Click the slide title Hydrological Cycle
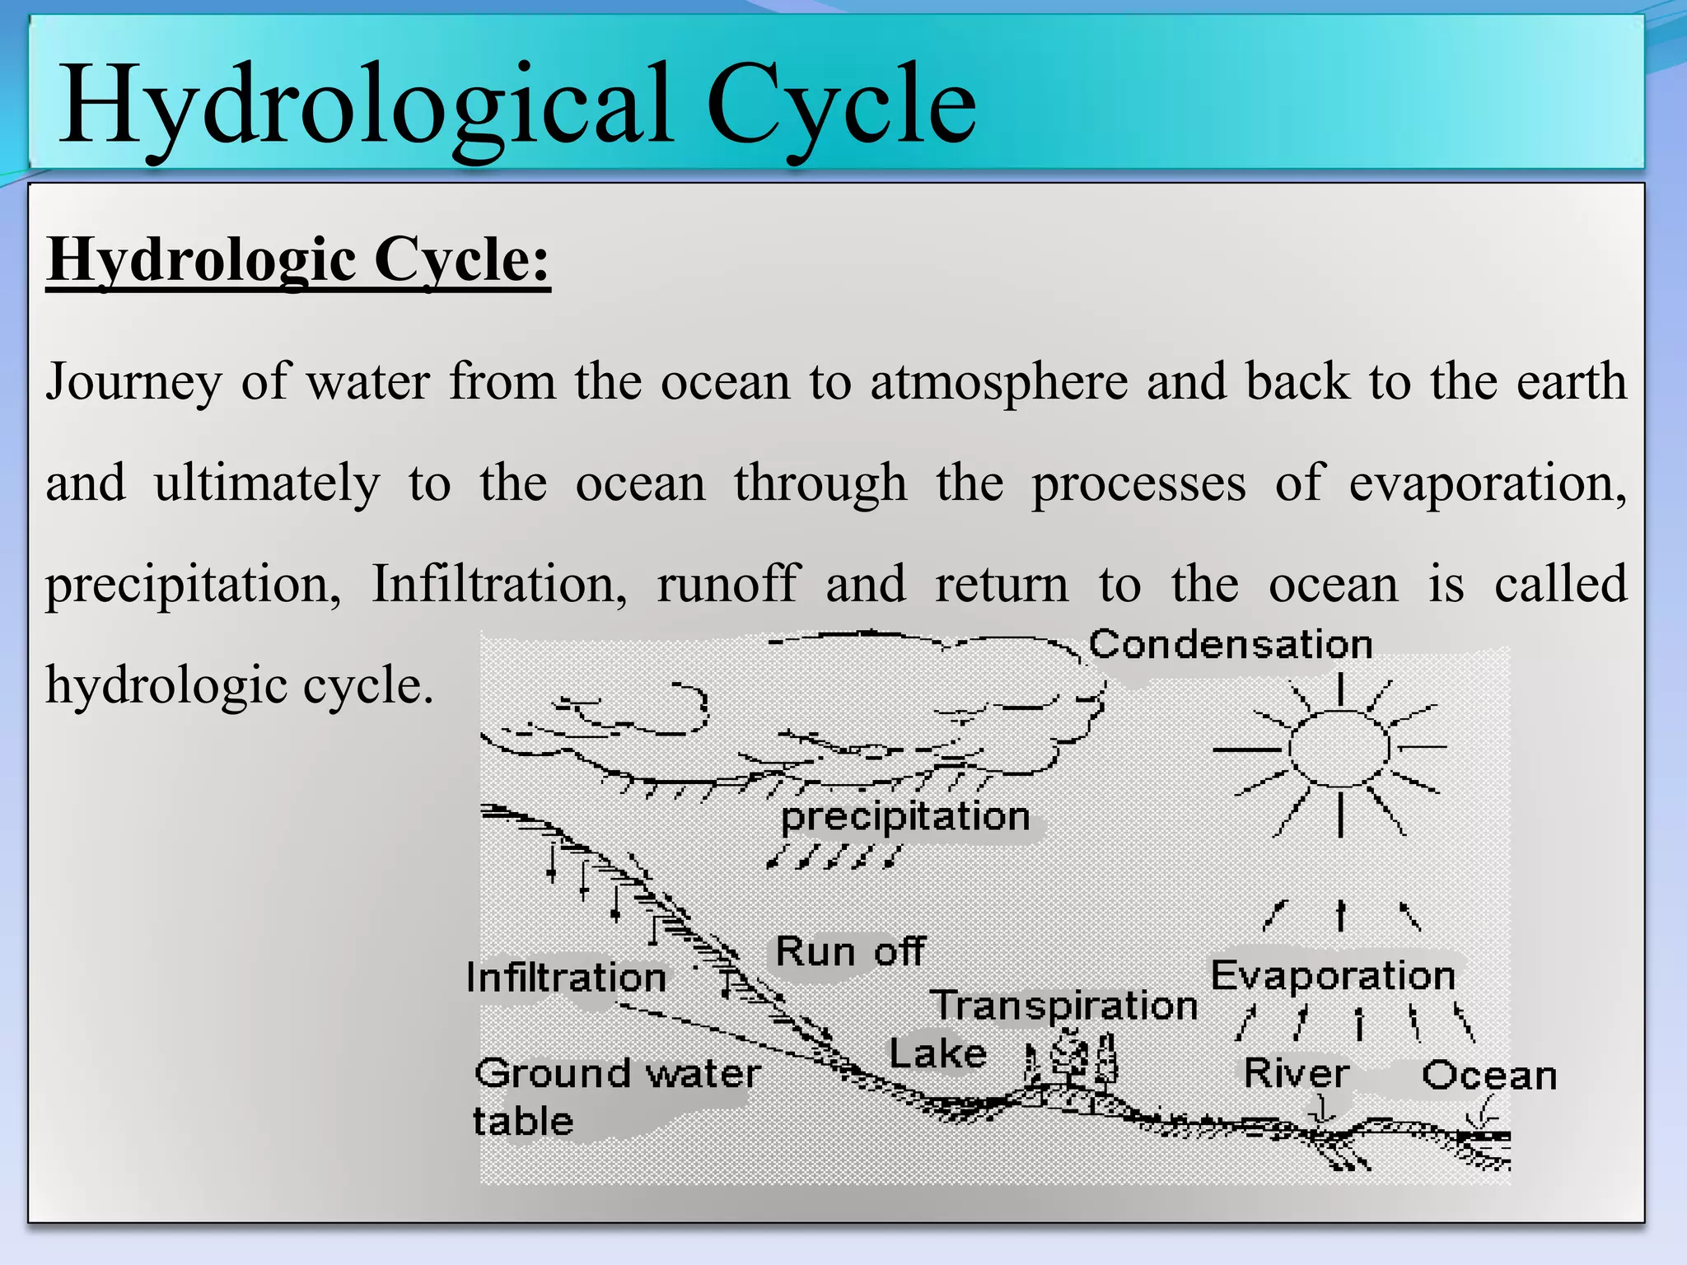point(517,105)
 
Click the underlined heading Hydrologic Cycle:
point(298,260)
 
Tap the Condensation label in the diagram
point(1231,644)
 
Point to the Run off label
point(850,952)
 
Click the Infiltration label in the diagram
point(566,978)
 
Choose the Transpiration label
point(1064,1006)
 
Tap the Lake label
point(937,1053)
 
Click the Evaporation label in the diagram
point(1333,976)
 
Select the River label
point(1297,1074)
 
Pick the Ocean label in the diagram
point(1489,1076)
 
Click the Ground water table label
point(616,1095)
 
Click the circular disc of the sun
point(1339,748)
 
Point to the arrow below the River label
point(1323,1112)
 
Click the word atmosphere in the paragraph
point(998,382)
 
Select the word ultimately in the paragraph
point(267,483)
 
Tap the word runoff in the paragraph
point(728,584)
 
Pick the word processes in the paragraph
point(1139,483)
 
